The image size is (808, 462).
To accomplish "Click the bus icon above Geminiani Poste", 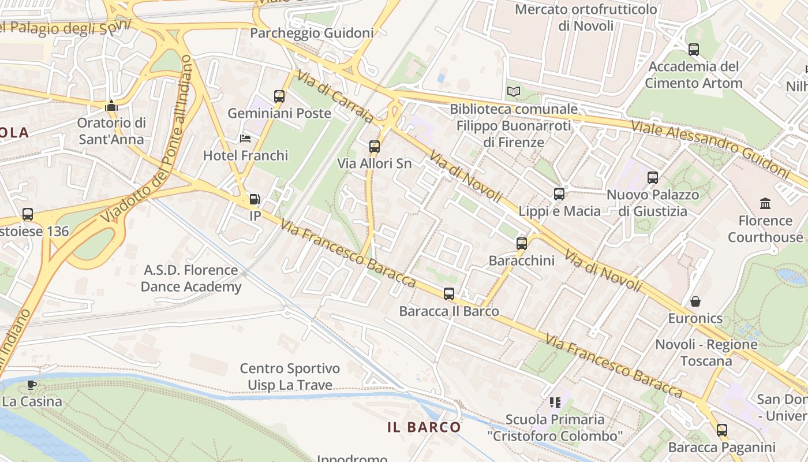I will point(279,96).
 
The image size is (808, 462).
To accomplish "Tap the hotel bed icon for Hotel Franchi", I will point(245,139).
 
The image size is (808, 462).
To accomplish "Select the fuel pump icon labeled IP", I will point(255,200).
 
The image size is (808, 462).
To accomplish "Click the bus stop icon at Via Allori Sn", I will point(375,147).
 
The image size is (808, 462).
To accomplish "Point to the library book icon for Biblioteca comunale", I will point(513,91).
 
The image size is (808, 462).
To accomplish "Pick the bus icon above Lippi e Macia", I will point(559,194).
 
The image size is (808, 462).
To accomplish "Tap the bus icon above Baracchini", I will point(522,244).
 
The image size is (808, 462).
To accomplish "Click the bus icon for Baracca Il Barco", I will point(449,294).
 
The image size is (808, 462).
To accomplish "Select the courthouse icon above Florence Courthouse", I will point(765,203).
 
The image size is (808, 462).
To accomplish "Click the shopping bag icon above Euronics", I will point(695,301).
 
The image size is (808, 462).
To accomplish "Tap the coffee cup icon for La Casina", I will point(32,384).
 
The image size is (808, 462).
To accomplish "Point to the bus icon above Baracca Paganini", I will point(722,430).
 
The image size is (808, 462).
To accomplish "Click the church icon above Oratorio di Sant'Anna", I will point(111,106).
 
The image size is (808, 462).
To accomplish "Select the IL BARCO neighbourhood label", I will point(424,427).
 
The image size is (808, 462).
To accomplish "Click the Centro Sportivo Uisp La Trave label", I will point(290,377).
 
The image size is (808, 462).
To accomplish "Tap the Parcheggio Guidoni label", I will point(312,33).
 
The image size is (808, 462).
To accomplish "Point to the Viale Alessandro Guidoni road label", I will point(709,149).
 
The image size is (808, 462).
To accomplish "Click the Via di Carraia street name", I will point(335,96).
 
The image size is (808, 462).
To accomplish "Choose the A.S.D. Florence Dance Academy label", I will point(190,278).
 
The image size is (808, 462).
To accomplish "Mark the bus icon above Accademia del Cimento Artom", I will point(694,50).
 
